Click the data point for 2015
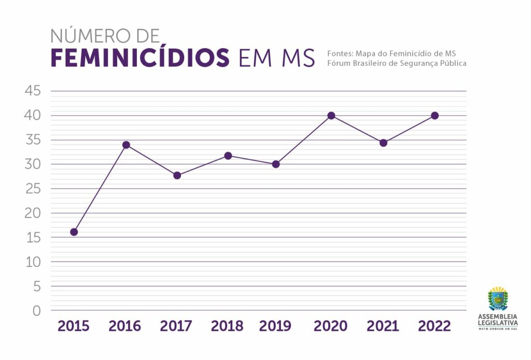point(74,232)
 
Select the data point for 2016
point(126,145)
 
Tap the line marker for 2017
point(177,175)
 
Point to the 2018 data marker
point(228,156)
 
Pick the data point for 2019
point(276,164)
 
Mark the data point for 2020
point(331,116)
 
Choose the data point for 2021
point(383,143)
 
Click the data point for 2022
point(435,116)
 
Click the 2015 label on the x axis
point(74,326)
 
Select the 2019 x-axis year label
point(275,326)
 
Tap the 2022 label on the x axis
point(435,326)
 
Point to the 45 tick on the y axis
point(32,91)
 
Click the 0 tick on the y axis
point(36,311)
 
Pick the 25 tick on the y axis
point(32,189)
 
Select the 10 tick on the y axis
point(32,262)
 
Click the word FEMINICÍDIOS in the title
point(140,58)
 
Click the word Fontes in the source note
point(340,53)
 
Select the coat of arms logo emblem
point(498,299)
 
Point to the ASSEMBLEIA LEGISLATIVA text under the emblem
point(498,319)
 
